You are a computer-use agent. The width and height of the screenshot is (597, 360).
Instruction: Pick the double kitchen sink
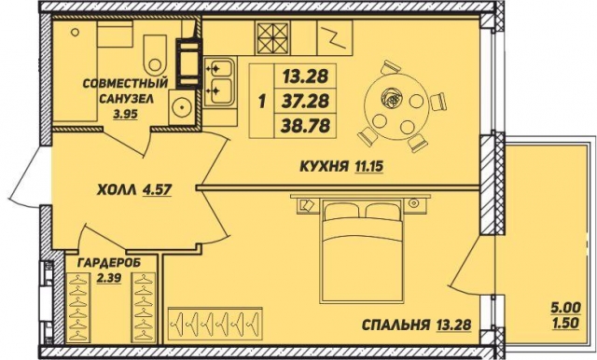click(222, 80)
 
